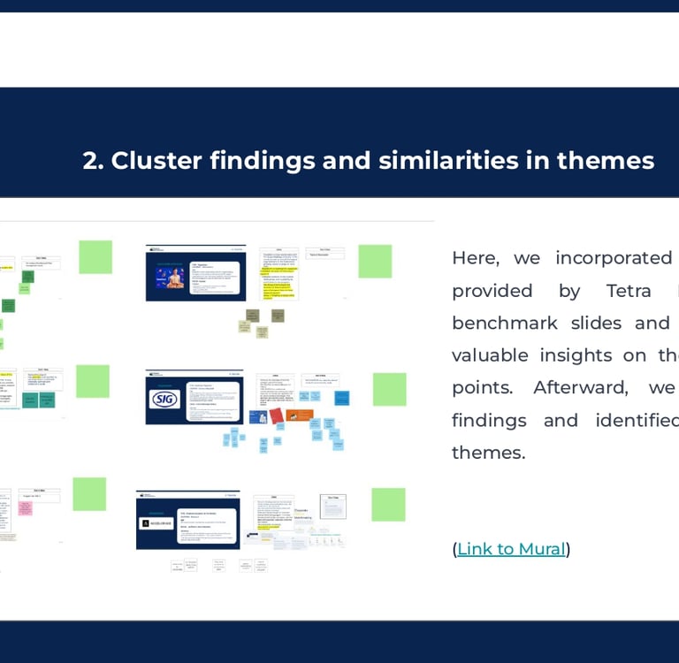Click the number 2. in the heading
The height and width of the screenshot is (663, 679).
pos(93,161)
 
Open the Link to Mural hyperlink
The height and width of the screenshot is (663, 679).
pos(511,549)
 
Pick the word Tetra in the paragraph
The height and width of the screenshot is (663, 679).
pos(629,291)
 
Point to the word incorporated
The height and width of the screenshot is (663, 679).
pos(614,258)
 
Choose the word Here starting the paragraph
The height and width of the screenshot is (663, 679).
pos(475,258)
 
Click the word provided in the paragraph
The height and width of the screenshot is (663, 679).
pos(492,291)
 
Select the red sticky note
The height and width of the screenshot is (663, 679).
pos(277,415)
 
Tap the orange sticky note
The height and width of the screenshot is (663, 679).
pos(302,414)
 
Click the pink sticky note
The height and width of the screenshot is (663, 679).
pos(26,508)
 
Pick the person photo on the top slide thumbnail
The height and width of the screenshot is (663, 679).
pos(173,277)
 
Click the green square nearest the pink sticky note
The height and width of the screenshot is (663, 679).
pos(89,494)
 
